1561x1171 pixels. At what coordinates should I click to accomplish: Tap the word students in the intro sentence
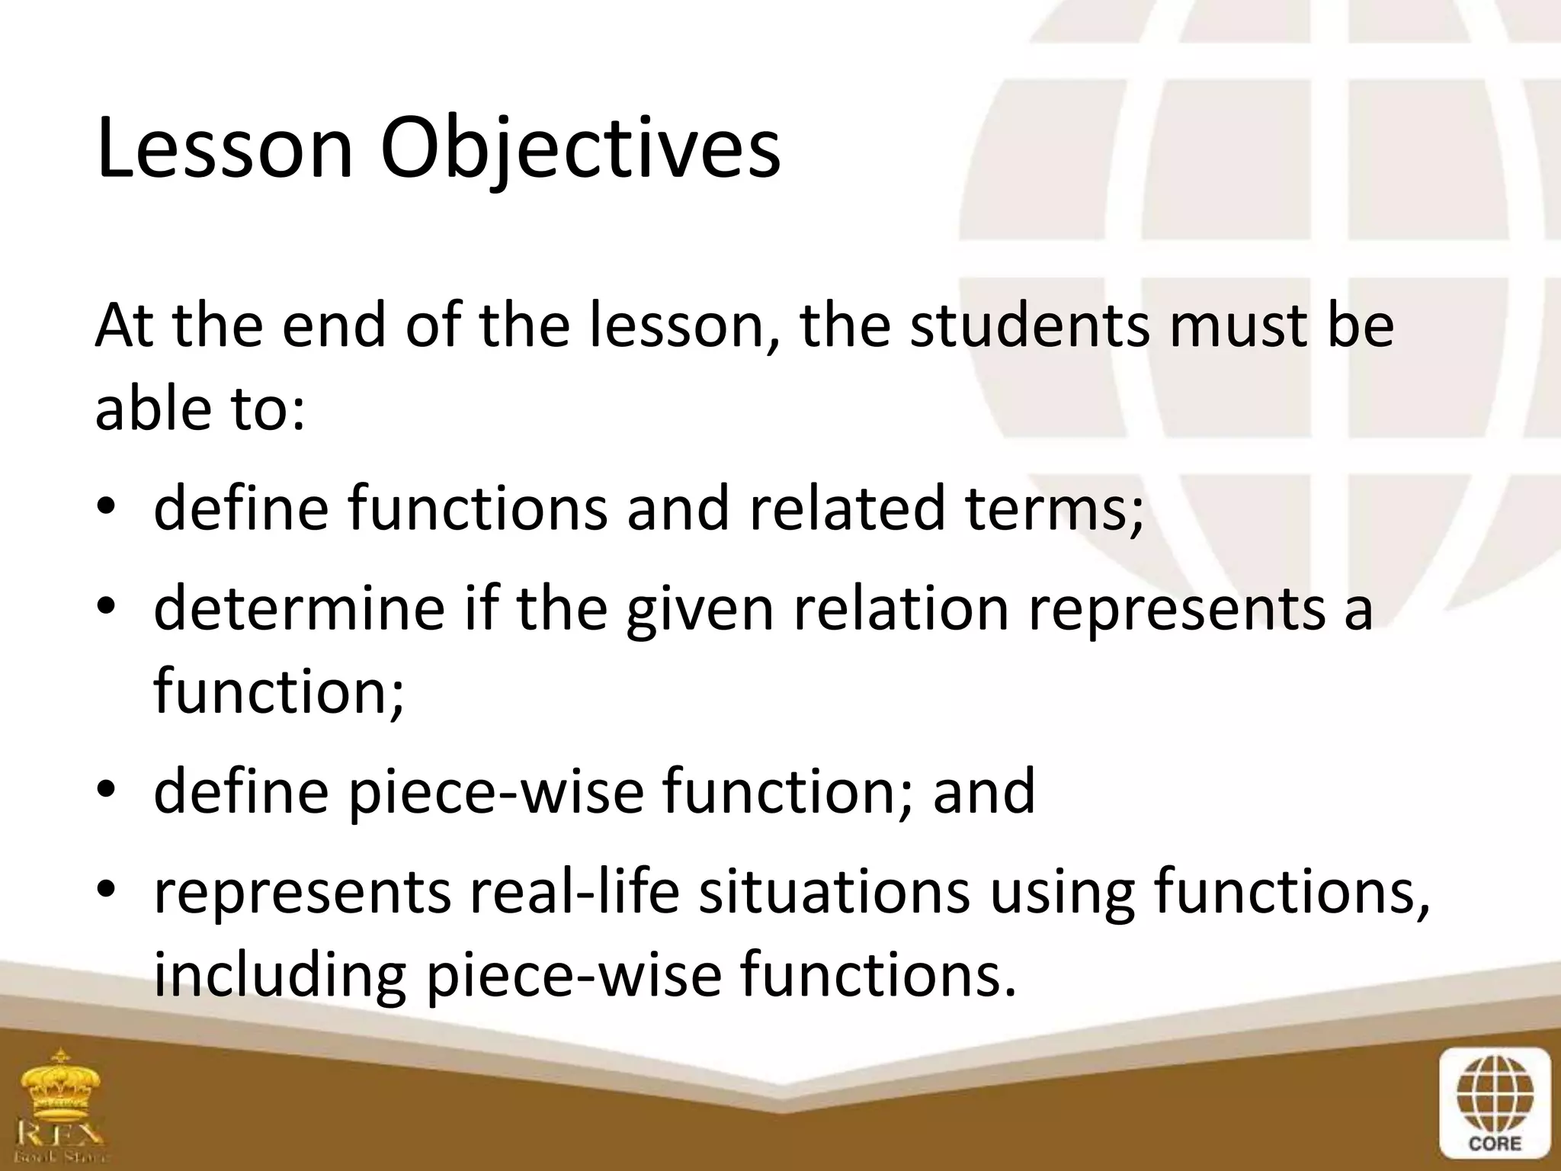pos(1028,326)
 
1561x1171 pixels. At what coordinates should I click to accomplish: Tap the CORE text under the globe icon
pos(1495,1144)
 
